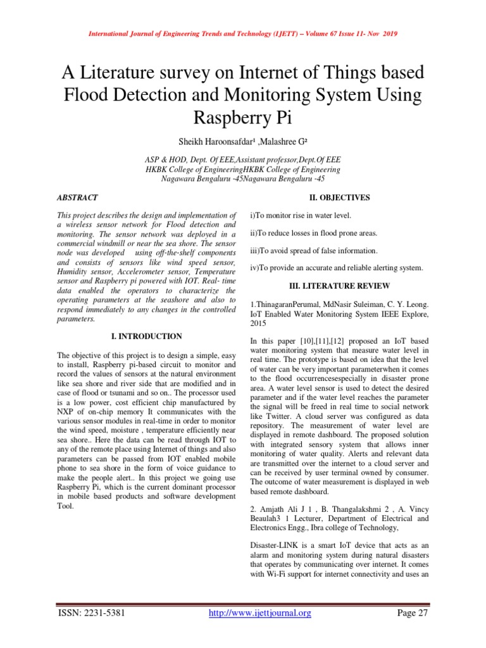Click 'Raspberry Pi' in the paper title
pos(243,118)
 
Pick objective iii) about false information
pos(314,251)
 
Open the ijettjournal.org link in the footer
pos(260,613)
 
